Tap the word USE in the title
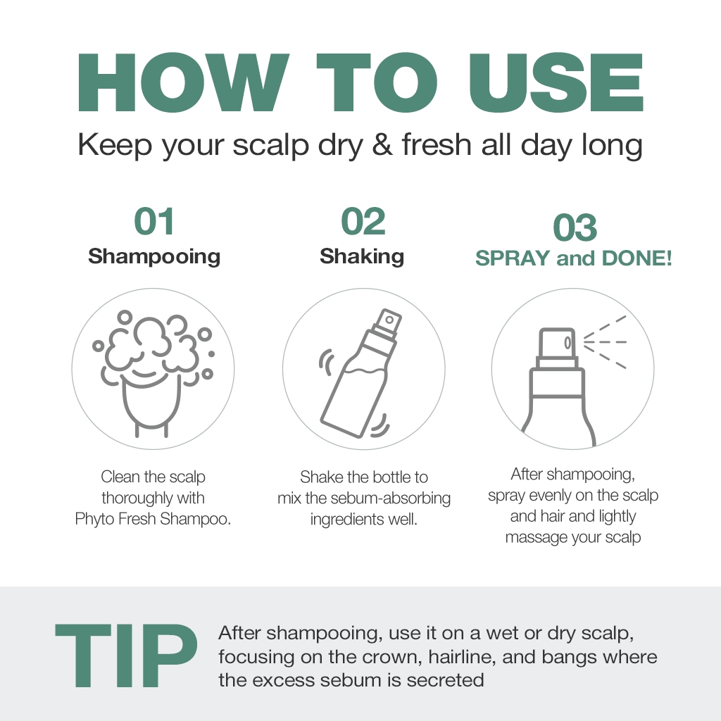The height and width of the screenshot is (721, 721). (x=556, y=83)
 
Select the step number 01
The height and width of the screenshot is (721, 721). (x=153, y=221)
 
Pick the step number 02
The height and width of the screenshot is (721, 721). (x=363, y=221)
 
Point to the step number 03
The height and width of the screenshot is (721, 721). (x=575, y=227)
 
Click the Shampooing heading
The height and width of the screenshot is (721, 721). (x=154, y=256)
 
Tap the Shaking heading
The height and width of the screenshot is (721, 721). (x=362, y=256)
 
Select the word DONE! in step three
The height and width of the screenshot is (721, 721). (x=637, y=258)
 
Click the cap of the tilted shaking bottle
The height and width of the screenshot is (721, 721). (x=388, y=322)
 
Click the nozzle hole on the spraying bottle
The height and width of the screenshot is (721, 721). (x=568, y=343)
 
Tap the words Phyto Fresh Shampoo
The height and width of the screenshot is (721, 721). (x=153, y=519)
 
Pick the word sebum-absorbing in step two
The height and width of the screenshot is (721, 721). (x=390, y=498)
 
